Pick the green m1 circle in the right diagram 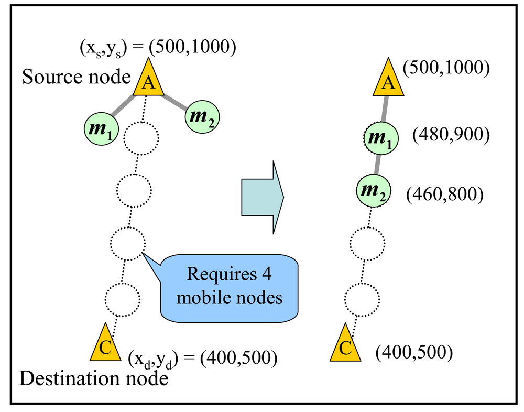pos(380,139)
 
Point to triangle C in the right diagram pos(345,345)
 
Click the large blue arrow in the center pos(262,198)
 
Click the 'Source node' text pos(76,78)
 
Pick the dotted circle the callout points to pos(128,243)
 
